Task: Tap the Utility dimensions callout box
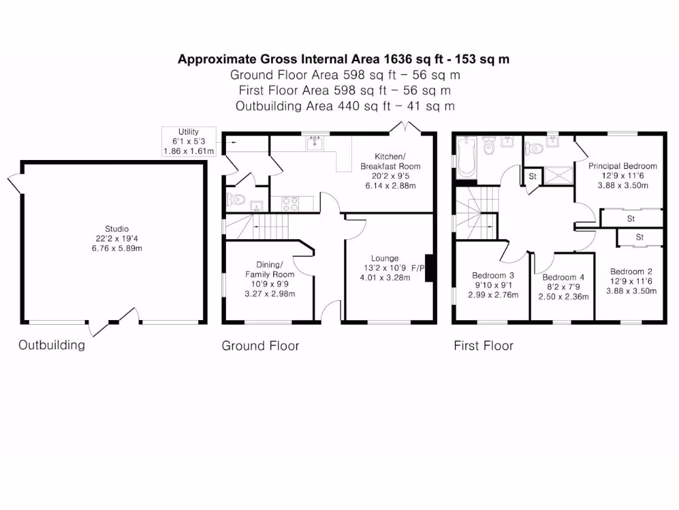(188, 141)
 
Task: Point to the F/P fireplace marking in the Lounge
(418, 268)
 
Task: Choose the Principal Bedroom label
(623, 166)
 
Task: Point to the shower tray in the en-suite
(558, 175)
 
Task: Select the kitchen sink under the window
(314, 143)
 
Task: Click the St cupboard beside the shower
(532, 176)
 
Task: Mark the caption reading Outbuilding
(52, 345)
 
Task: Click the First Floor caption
(483, 345)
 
